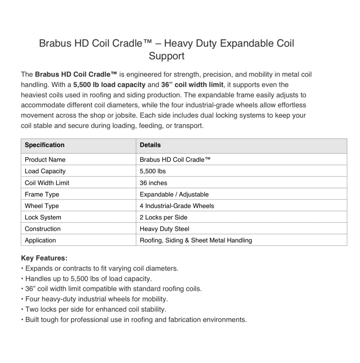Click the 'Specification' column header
44,145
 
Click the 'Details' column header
150,145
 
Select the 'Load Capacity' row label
45,171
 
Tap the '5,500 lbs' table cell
153,171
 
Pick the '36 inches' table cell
153,183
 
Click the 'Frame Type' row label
42,194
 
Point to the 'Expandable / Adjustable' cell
174,194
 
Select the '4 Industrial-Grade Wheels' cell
177,206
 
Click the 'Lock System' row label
43,217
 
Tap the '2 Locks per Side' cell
164,217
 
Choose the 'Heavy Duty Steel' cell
164,229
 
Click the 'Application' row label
40,240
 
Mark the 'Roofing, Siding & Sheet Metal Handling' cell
196,240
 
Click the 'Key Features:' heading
44,258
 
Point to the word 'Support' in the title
166,56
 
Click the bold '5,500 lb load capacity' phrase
109,85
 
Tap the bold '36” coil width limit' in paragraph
192,85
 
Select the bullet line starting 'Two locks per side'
96,309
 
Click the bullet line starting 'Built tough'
136,320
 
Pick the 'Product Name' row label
45,160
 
